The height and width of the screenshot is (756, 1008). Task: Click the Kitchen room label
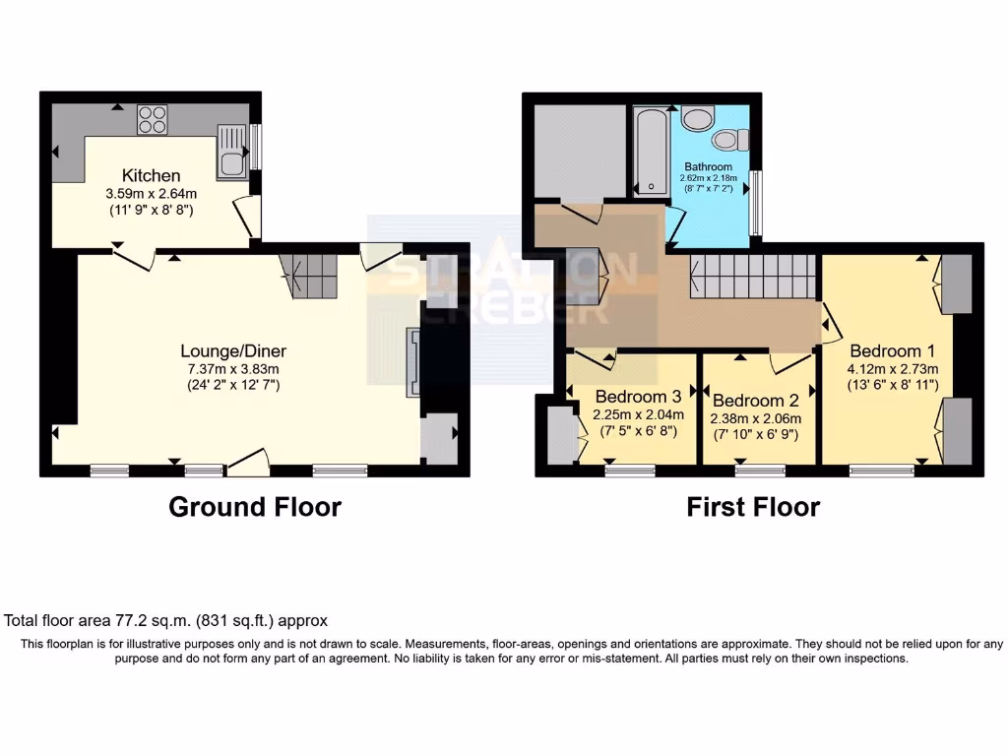point(151,175)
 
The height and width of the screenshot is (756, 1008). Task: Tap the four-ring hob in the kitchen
point(153,118)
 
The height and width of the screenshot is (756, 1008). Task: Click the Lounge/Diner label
point(233,350)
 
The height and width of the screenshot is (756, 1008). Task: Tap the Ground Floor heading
point(255,507)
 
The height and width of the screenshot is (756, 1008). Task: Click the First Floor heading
point(753,507)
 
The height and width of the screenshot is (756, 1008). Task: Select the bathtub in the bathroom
point(650,148)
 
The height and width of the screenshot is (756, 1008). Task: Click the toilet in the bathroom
point(730,145)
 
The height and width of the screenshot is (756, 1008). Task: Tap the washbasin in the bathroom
point(698,119)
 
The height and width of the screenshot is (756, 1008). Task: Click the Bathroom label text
point(709,166)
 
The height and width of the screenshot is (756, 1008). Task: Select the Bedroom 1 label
point(892,350)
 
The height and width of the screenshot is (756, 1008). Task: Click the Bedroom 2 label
point(755,401)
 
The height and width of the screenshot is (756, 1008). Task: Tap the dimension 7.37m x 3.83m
point(233,368)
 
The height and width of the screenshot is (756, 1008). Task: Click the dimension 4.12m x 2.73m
point(892,369)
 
